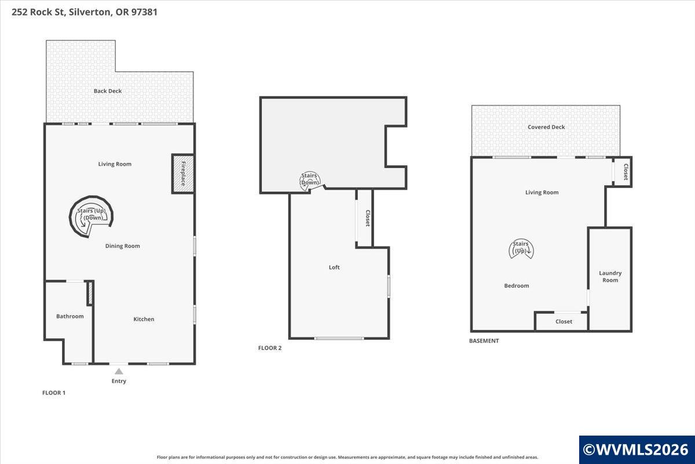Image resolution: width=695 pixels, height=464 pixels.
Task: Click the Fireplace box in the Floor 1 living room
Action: [183, 174]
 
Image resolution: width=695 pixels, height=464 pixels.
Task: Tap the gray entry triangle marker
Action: [119, 371]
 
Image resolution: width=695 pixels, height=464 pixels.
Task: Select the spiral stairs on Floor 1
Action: [91, 216]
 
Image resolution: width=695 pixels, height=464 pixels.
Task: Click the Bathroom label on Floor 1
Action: [70, 316]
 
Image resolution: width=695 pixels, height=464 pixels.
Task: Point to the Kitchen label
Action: [144, 319]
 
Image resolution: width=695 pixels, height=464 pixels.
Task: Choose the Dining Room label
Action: [123, 246]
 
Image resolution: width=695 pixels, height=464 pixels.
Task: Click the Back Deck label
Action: [108, 91]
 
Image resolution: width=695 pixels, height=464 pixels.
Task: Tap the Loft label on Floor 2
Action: [334, 267]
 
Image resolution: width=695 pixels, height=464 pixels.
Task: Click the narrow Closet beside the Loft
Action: [364, 218]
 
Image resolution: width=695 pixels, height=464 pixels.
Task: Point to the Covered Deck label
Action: [546, 127]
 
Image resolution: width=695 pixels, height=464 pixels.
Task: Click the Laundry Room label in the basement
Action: [610, 277]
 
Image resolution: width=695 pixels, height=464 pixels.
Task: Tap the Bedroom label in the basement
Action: [517, 286]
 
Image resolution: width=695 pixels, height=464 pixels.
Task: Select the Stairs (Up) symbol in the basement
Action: [521, 248]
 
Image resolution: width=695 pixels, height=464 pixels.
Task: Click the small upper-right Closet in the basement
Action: [623, 172]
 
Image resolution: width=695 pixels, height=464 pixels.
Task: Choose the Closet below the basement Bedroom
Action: [561, 322]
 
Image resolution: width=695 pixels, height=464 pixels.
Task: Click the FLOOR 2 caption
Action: [270, 348]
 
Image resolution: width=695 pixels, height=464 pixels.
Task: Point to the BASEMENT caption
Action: [484, 341]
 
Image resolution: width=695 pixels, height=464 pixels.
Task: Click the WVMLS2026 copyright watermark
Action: [637, 449]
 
